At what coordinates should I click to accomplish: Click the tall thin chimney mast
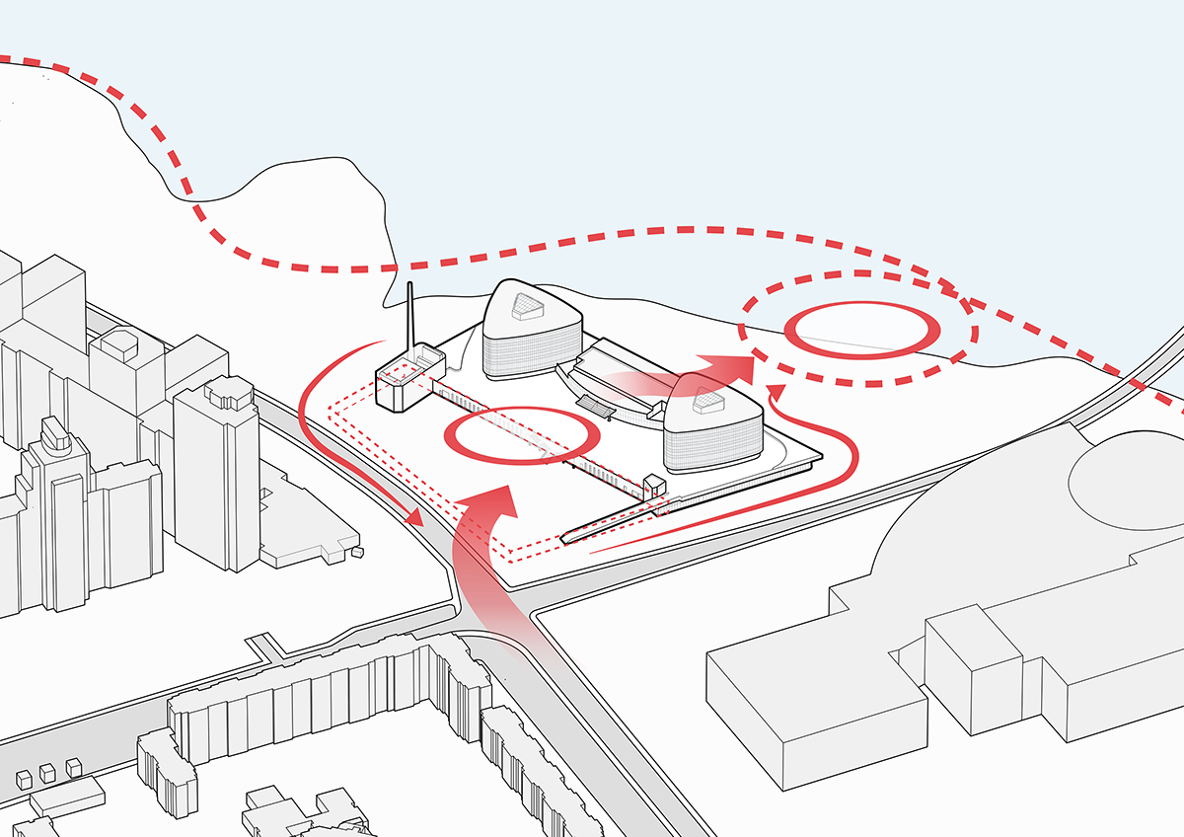pyautogui.click(x=409, y=316)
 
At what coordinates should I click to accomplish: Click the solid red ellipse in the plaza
pyautogui.click(x=523, y=435)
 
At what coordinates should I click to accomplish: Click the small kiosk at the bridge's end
pyautogui.click(x=653, y=487)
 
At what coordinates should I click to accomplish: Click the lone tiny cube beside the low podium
pyautogui.click(x=356, y=552)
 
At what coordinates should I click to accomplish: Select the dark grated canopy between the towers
pyautogui.click(x=595, y=404)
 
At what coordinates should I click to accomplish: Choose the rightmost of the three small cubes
pyautogui.click(x=73, y=766)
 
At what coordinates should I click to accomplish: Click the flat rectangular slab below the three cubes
pyautogui.click(x=67, y=796)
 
